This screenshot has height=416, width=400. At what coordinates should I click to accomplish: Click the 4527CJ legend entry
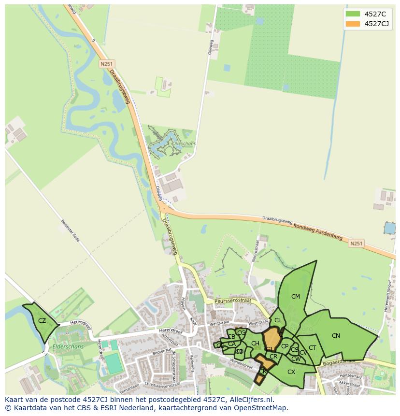[377, 24]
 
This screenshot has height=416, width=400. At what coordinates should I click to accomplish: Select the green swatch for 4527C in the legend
[353, 14]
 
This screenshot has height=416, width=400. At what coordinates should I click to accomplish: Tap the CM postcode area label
[296, 297]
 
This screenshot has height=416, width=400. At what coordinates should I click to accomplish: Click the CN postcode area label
[336, 336]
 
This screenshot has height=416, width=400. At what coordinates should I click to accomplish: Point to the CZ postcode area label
[42, 321]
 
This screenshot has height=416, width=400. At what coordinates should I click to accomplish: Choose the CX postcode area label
[291, 372]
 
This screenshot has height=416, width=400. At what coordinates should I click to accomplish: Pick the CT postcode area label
[313, 348]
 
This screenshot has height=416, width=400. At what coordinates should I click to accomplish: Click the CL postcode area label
[278, 320]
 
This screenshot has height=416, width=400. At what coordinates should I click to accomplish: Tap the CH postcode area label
[255, 344]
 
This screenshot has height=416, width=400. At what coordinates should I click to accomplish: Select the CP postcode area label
[285, 346]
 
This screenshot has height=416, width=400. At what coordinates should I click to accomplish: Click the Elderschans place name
[69, 346]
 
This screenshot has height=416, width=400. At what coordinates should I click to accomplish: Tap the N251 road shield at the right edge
[356, 244]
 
